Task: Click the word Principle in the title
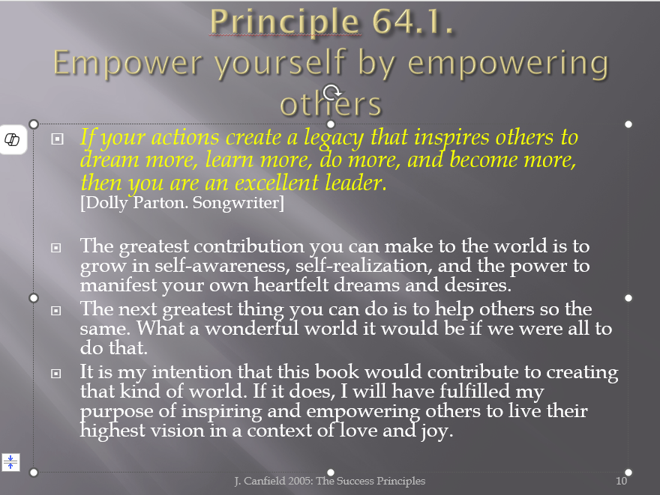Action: (285, 22)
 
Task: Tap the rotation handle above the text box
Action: (331, 92)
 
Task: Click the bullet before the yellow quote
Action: (57, 139)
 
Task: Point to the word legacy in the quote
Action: (334, 139)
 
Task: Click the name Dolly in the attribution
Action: (104, 203)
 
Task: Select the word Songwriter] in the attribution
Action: (238, 203)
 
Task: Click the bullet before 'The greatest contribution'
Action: (56, 248)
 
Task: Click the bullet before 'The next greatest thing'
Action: (56, 311)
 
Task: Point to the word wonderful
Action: (252, 328)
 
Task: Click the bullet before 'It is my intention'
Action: (56, 373)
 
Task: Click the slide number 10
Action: (621, 481)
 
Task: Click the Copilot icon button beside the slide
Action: (12, 139)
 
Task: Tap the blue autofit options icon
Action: (10, 462)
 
